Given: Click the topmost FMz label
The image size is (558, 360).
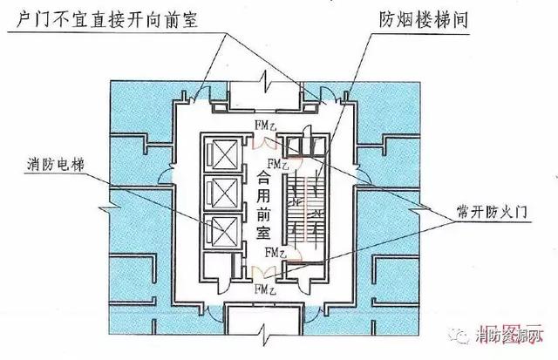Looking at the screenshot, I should (x=265, y=126).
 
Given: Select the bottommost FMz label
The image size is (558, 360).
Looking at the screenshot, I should (x=265, y=289).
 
